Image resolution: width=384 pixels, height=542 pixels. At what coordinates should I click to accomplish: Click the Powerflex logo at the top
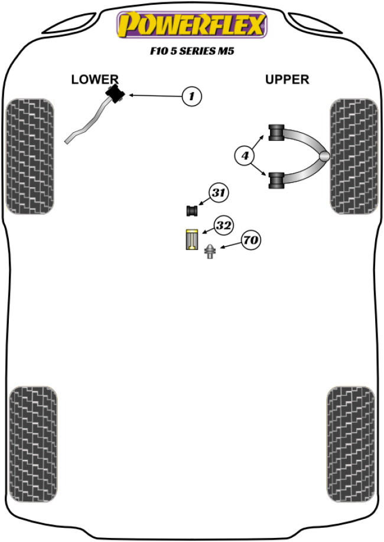[x=191, y=25]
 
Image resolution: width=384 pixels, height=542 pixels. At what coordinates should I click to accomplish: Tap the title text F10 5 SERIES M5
[x=191, y=51]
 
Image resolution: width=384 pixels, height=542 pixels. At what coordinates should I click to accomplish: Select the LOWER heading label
[x=95, y=79]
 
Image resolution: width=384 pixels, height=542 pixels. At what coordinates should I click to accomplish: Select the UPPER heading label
[x=287, y=79]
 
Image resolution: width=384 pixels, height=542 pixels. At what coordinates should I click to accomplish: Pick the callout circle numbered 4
[x=244, y=156]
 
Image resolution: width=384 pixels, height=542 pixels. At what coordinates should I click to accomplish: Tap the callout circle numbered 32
[x=223, y=225]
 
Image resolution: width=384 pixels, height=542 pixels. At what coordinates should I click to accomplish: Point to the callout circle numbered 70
[x=250, y=240]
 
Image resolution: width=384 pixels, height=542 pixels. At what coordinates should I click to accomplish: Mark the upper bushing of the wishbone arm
[x=277, y=133]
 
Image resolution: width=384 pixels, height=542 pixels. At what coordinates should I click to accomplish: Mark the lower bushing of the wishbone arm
[x=277, y=179]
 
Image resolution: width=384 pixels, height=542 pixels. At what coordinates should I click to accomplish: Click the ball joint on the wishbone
[x=324, y=156]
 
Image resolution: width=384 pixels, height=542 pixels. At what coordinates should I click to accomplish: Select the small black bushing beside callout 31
[x=191, y=210]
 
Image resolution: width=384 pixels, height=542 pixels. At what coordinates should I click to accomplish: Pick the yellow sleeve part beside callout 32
[x=191, y=238]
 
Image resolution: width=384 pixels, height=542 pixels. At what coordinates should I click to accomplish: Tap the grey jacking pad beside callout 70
[x=210, y=252]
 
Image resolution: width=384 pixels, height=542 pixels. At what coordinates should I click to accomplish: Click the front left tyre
[x=30, y=156]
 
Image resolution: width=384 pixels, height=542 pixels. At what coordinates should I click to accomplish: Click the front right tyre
[x=353, y=156]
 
